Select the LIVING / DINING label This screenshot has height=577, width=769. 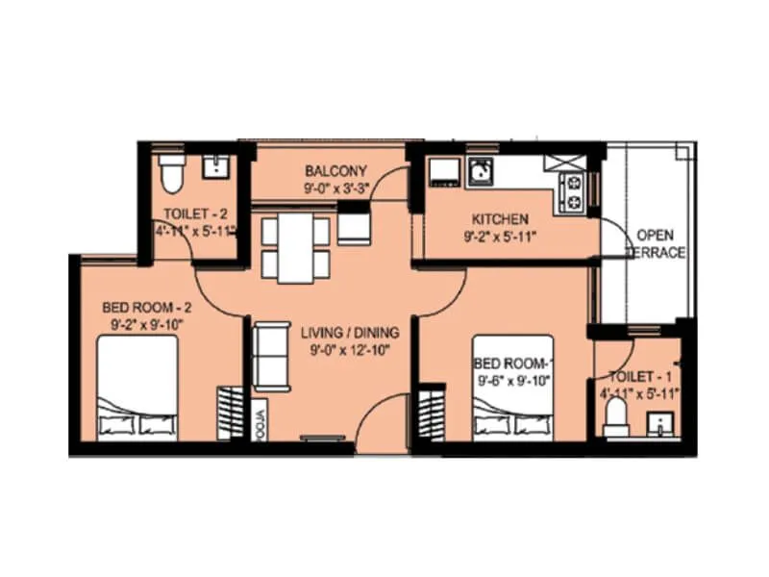[x=350, y=333]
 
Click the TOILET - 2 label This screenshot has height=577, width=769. [x=195, y=213]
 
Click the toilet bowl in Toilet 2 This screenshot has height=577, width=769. [x=171, y=173]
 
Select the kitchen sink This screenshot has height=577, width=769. [x=481, y=172]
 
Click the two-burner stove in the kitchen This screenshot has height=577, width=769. [x=573, y=191]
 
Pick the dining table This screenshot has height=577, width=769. [x=296, y=247]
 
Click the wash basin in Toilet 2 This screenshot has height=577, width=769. [x=214, y=167]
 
